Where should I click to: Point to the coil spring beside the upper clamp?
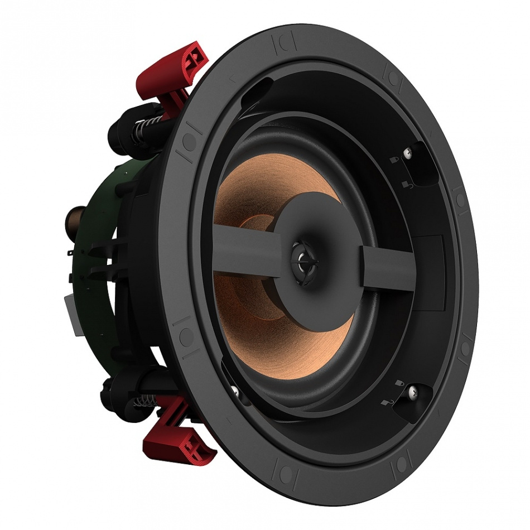click(x=146, y=133)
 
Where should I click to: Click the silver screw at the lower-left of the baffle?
click(x=235, y=391)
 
